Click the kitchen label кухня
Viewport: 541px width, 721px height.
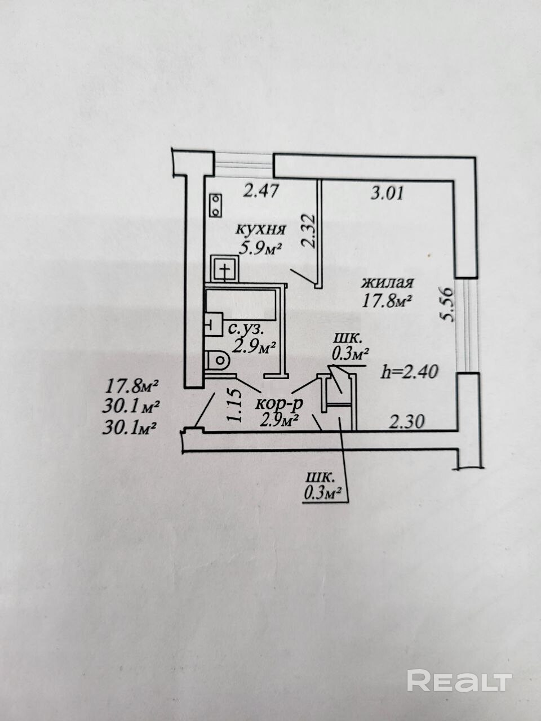[261, 229]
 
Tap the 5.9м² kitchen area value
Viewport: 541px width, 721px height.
[260, 248]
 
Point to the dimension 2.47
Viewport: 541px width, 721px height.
[261, 191]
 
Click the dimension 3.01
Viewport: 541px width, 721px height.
[387, 194]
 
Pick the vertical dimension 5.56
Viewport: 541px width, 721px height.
[448, 304]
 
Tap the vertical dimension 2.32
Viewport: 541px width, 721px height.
[308, 230]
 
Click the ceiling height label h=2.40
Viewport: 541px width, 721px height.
[409, 371]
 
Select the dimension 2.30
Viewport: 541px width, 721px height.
[406, 420]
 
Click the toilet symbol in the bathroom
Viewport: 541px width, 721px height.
[217, 359]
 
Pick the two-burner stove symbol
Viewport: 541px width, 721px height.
[216, 205]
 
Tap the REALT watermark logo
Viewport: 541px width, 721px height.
[459, 680]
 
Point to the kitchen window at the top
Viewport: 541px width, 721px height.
[243, 163]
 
